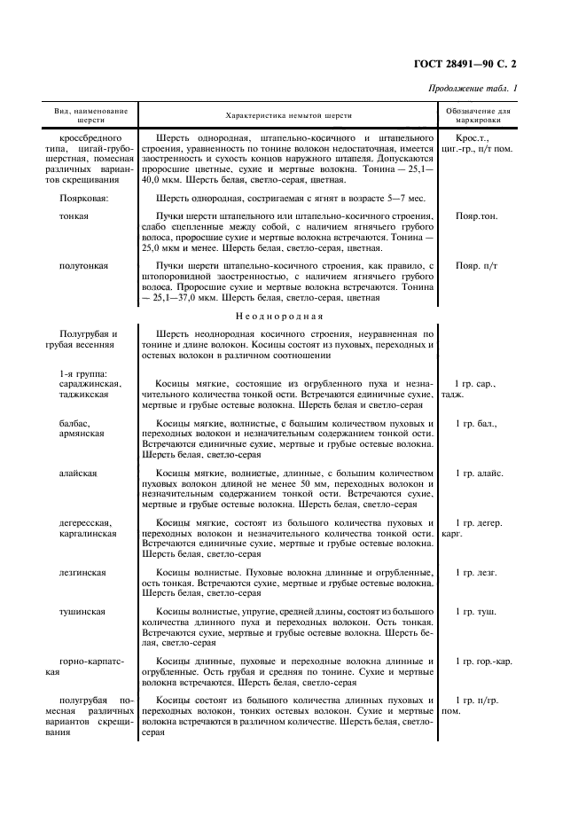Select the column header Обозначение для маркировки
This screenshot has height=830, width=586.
pyautogui.click(x=479, y=116)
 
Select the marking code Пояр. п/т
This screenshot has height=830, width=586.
pyautogui.click(x=477, y=265)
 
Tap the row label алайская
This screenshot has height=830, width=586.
pyautogui.click(x=79, y=474)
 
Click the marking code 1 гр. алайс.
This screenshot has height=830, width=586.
pyautogui.click(x=479, y=474)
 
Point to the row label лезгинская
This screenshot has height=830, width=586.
pyautogui.click(x=82, y=573)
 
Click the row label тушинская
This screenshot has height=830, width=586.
pyautogui.click(x=82, y=612)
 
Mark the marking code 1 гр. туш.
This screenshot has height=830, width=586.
pyautogui.click(x=475, y=612)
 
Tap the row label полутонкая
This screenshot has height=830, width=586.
pyautogui.click(x=84, y=265)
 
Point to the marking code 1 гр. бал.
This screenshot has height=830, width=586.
pyautogui.click(x=476, y=424)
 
